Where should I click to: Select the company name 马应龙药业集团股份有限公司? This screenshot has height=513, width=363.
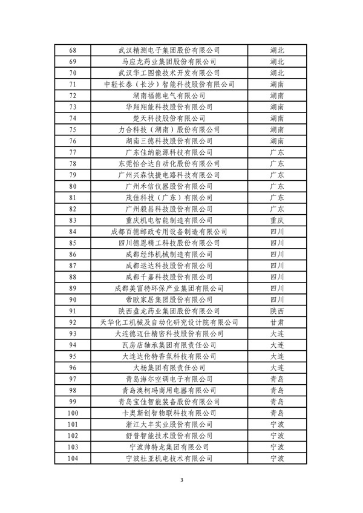(x=169, y=62)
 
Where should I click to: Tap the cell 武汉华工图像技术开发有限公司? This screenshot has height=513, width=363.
(x=169, y=73)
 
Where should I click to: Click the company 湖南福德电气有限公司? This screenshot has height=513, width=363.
(x=169, y=96)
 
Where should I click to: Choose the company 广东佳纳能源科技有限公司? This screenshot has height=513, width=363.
(x=169, y=152)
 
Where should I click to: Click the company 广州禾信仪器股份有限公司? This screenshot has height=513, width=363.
(x=169, y=186)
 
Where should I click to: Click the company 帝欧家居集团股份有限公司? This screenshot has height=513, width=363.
(x=169, y=299)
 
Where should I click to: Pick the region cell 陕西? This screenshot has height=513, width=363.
(x=277, y=310)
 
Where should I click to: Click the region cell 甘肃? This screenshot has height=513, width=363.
(x=277, y=322)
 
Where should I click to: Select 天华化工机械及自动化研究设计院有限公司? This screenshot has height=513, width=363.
(x=169, y=322)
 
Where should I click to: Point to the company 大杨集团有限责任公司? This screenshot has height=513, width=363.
(x=169, y=367)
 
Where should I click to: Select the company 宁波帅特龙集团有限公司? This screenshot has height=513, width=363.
(x=169, y=446)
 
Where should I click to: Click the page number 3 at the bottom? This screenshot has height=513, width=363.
(x=181, y=480)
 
